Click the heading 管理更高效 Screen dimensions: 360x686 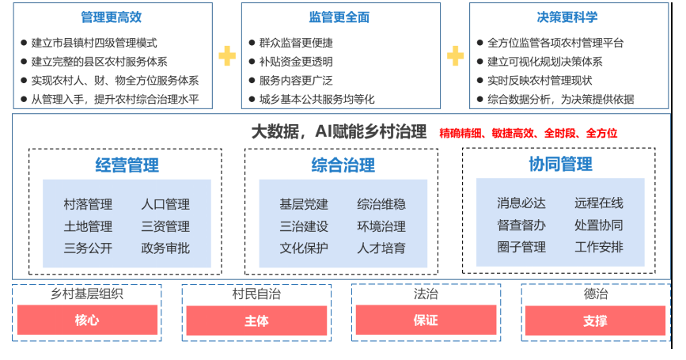tap(112, 17)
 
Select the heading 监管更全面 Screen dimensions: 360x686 tap(339, 17)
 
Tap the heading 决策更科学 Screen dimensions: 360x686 tap(567, 17)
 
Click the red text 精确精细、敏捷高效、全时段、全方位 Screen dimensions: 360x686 tap(528, 133)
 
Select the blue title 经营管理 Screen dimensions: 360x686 tap(127, 165)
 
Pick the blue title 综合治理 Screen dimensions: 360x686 tap(343, 165)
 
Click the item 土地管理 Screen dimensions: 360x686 tap(88, 226)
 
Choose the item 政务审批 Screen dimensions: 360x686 tap(165, 248)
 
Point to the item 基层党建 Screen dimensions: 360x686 tap(304, 205)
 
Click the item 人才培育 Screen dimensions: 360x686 tap(381, 248)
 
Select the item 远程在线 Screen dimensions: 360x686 tap(598, 203)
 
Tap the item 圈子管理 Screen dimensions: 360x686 tap(521, 247)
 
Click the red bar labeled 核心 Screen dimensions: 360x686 tap(86, 320)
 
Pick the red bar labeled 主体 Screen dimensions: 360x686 tap(256, 320)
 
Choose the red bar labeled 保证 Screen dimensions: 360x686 tap(425, 320)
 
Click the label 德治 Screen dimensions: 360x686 tap(594, 294)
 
